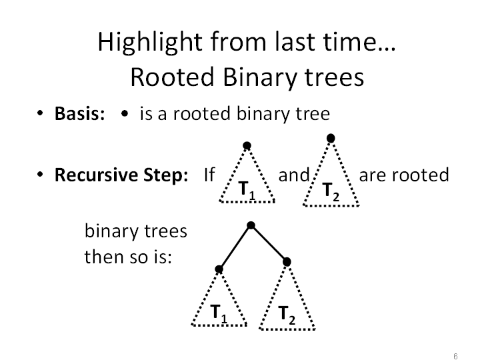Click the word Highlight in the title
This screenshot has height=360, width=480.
[x=150, y=42]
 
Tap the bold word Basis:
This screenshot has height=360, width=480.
[x=79, y=113]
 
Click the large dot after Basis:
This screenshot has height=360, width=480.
[x=125, y=113]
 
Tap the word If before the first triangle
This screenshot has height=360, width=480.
[x=209, y=175]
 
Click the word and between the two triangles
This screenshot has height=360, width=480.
[x=294, y=175]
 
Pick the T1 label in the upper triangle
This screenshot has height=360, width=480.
[x=247, y=191]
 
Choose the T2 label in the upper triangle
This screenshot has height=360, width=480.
[x=331, y=192]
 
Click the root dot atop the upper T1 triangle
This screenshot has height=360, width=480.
[x=247, y=146]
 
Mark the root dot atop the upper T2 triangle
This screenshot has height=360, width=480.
[x=331, y=138]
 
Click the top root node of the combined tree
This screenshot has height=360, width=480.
[x=251, y=225]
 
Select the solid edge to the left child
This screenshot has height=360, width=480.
[x=235, y=247]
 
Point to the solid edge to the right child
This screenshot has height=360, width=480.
[x=269, y=244]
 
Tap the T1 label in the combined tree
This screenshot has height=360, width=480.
[x=219, y=313]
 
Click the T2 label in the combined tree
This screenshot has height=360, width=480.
[x=287, y=315]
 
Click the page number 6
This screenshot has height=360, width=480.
[x=455, y=356]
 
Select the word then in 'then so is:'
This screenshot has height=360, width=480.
[x=104, y=257]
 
